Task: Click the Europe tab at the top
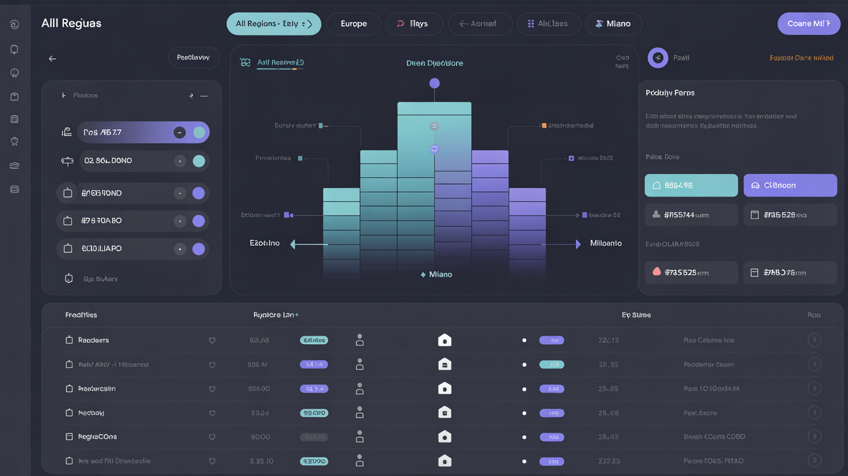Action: pos(354,24)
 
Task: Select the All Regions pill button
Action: pos(273,24)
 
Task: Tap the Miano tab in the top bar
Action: pos(613,24)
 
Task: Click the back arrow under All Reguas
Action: pos(52,59)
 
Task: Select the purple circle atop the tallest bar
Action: pos(434,83)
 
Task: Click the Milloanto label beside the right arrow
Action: pos(606,244)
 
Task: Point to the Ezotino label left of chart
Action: pos(265,244)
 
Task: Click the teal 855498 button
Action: pos(691,186)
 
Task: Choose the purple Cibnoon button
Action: pos(790,186)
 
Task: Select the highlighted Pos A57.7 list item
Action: pos(143,133)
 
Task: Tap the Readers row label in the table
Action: pos(93,340)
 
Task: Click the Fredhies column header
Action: pos(81,316)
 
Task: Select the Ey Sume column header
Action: pos(636,316)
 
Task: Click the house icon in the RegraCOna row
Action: pos(445,437)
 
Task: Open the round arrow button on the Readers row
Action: pos(814,340)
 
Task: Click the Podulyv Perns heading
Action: pos(670,93)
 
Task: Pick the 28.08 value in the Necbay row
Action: pos(608,413)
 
